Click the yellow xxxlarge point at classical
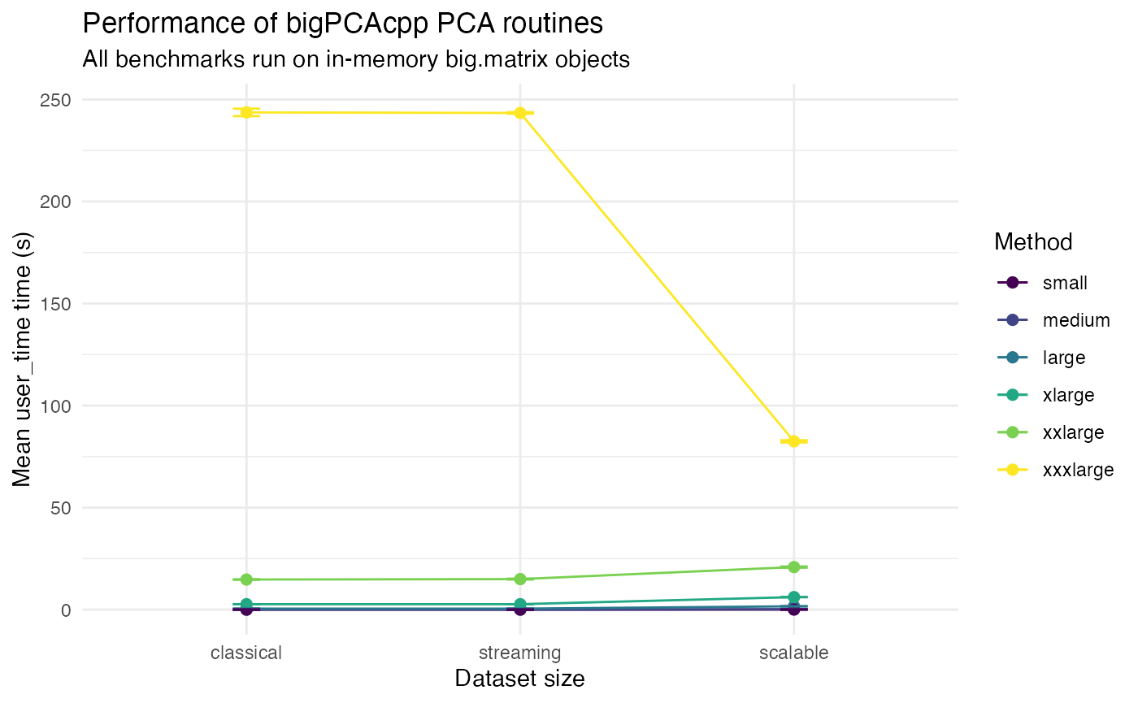coord(246,112)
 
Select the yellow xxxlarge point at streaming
coord(520,113)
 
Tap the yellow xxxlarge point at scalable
coord(794,441)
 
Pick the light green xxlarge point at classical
coord(246,579)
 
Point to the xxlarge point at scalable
coord(794,567)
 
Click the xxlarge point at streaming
coord(520,579)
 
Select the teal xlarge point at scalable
coord(794,597)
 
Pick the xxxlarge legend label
coord(1077,470)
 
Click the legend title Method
coord(1032,242)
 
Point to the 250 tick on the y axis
coord(55,100)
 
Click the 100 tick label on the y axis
coord(55,406)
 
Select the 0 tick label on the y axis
coord(66,610)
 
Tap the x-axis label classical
coord(246,653)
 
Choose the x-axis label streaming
coord(520,653)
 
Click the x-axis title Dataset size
coord(520,679)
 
